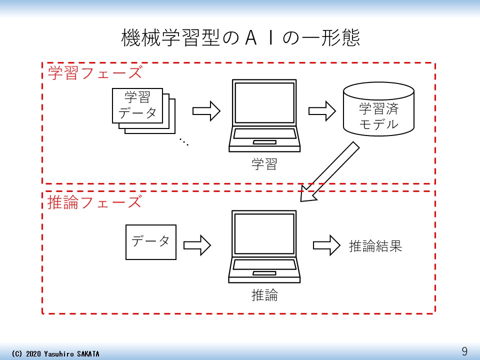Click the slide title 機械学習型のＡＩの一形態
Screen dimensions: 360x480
click(240, 38)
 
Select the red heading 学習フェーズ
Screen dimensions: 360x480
click(95, 73)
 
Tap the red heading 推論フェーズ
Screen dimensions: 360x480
click(95, 202)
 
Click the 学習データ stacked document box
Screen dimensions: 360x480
click(137, 105)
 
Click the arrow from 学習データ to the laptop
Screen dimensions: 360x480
click(206, 111)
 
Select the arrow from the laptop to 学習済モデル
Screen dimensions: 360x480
click(322, 111)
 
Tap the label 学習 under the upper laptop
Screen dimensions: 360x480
click(264, 164)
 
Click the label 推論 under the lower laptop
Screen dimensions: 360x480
click(264, 295)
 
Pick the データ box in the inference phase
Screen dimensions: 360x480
click(150, 242)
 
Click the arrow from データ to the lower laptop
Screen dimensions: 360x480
click(197, 245)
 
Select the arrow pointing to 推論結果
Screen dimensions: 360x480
click(326, 245)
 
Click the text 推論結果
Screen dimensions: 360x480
click(375, 246)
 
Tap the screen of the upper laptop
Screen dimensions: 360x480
click(264, 102)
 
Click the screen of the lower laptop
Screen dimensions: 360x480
click(264, 233)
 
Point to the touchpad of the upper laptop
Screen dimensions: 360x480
click(264, 142)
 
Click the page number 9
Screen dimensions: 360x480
click(464, 351)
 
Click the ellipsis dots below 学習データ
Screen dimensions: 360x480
click(183, 142)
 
